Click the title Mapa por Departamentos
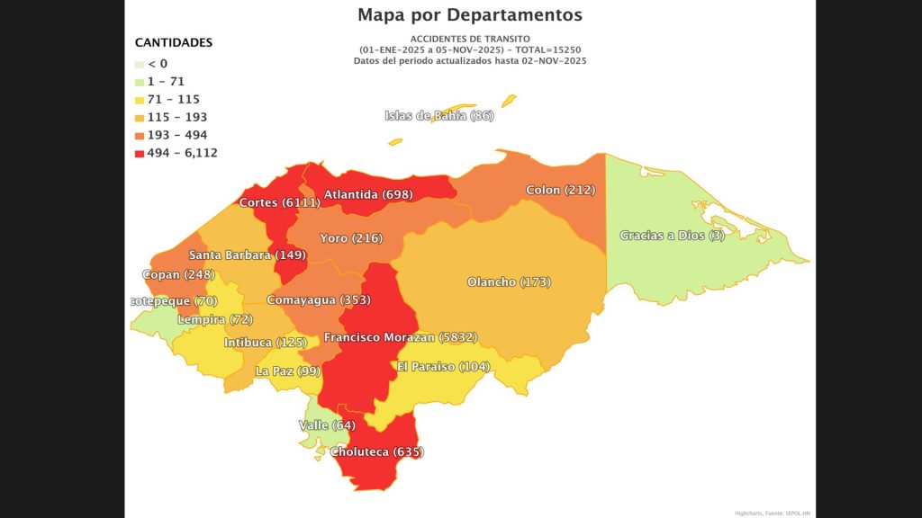pos(469,15)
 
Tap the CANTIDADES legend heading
pos(174,42)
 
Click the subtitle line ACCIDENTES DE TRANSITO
pos(469,39)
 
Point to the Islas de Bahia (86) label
pos(439,116)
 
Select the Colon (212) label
pos(560,190)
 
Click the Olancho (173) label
pos(509,282)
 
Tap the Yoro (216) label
pos(351,238)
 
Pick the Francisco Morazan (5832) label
pos(400,337)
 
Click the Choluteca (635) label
pos(376,451)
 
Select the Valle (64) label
pos(327,424)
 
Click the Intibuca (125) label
pos(266,343)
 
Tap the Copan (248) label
pos(178,274)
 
